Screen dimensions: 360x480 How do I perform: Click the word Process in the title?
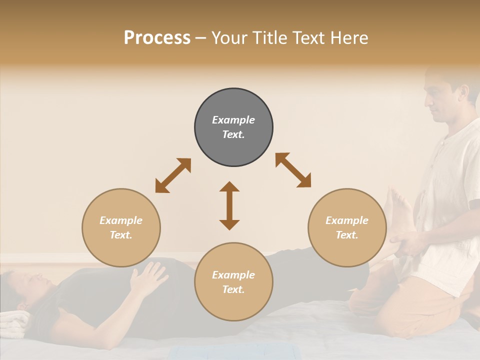pyautogui.click(x=157, y=38)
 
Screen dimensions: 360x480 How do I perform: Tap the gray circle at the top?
pyautogui.click(x=233, y=127)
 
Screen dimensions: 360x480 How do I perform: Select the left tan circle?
pyautogui.click(x=121, y=227)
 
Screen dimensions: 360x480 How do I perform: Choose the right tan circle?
pyautogui.click(x=347, y=227)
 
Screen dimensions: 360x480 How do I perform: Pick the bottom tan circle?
pyautogui.click(x=233, y=281)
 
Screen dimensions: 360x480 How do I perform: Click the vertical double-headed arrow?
pyautogui.click(x=229, y=205)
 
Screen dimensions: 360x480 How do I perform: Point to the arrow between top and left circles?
pyautogui.click(x=173, y=175)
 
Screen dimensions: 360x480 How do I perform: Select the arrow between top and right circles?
pyautogui.click(x=293, y=170)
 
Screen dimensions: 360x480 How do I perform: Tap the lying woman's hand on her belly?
pyautogui.click(x=148, y=276)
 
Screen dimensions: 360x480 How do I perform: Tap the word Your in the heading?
pyautogui.click(x=228, y=38)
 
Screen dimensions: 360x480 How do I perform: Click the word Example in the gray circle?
pyautogui.click(x=233, y=120)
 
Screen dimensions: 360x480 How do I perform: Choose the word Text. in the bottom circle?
pyautogui.click(x=233, y=289)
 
